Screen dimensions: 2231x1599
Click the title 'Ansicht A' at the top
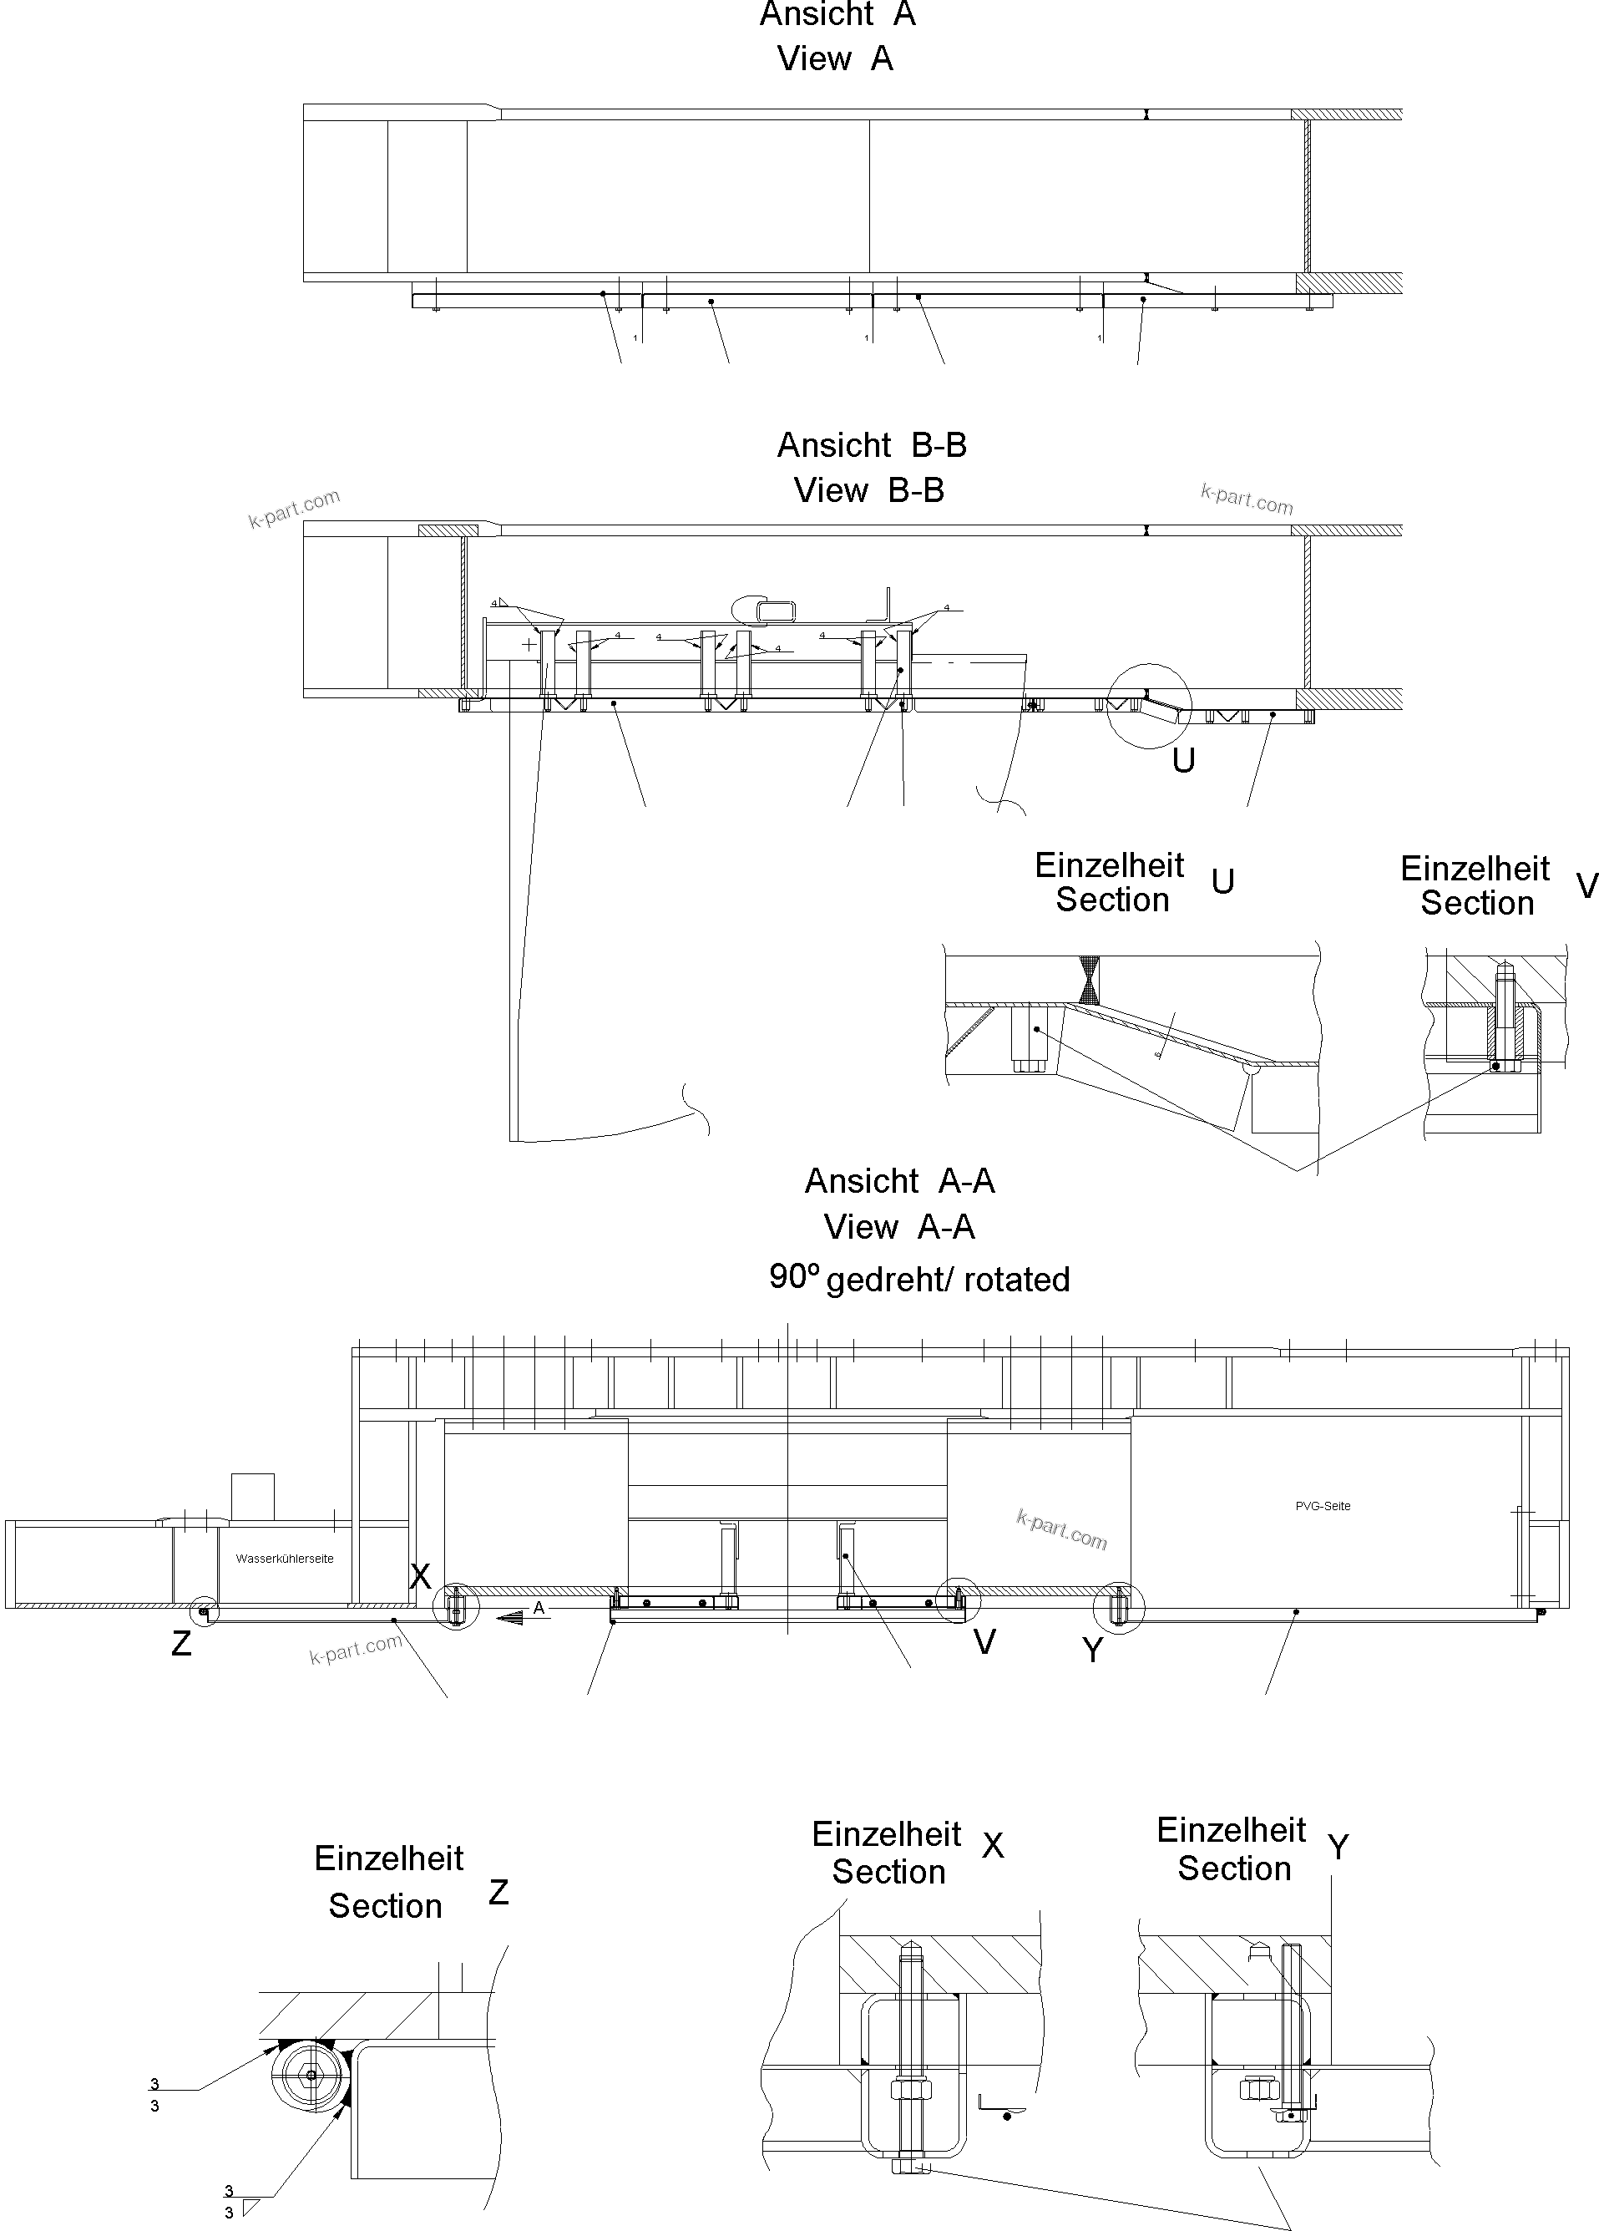click(837, 15)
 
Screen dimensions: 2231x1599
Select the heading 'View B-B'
click(868, 489)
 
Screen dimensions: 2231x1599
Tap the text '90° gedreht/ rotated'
click(918, 1278)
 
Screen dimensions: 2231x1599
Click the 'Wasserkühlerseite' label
click(284, 1558)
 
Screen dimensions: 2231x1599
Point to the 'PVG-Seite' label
click(1323, 1506)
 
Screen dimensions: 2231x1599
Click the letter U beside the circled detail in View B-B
click(1183, 760)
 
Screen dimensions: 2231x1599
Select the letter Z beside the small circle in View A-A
click(181, 1643)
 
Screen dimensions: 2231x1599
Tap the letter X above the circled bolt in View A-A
click(420, 1576)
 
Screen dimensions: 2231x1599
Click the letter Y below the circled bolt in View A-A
click(1091, 1650)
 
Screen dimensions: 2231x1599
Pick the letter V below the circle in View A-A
click(984, 1640)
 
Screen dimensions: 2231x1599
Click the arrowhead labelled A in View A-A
click(510, 1617)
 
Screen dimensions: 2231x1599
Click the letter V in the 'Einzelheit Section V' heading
click(1586, 885)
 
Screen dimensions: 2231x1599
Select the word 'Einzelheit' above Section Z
click(388, 1858)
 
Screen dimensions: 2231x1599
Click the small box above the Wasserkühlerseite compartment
click(253, 1495)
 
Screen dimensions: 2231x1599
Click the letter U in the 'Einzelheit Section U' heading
click(1222, 881)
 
